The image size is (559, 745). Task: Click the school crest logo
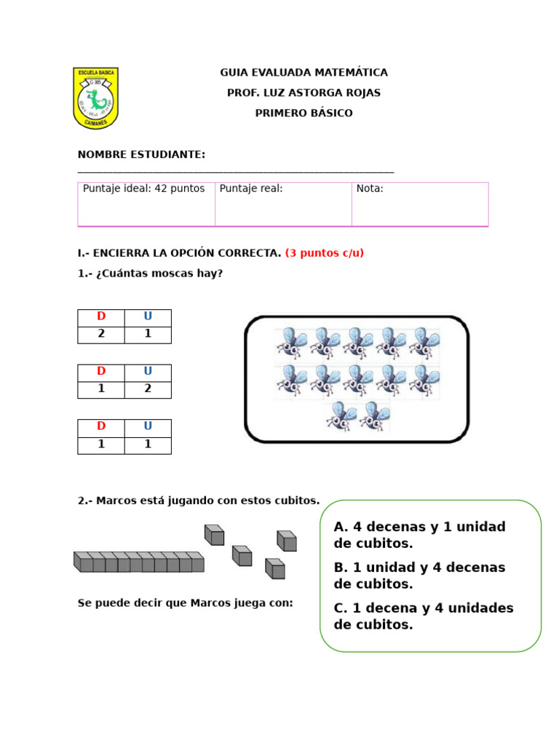(95, 98)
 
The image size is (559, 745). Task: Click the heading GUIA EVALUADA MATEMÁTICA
(304, 73)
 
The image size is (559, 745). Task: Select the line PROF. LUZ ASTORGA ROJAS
(304, 93)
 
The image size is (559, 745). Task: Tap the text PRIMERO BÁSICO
(304, 113)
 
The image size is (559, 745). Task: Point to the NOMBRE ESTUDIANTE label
(141, 154)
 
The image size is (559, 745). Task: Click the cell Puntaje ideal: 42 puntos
(144, 188)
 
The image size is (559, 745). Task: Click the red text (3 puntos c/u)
(324, 253)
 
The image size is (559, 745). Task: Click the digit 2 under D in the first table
(101, 334)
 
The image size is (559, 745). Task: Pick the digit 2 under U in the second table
(148, 389)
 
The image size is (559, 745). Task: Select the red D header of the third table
(101, 426)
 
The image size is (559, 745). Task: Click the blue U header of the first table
(148, 317)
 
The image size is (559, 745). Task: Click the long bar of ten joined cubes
(138, 562)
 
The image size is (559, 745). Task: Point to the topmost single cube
(214, 535)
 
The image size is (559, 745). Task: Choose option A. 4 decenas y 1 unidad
(419, 535)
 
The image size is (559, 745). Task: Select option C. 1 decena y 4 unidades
(424, 616)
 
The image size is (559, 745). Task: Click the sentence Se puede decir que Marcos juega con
(185, 603)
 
